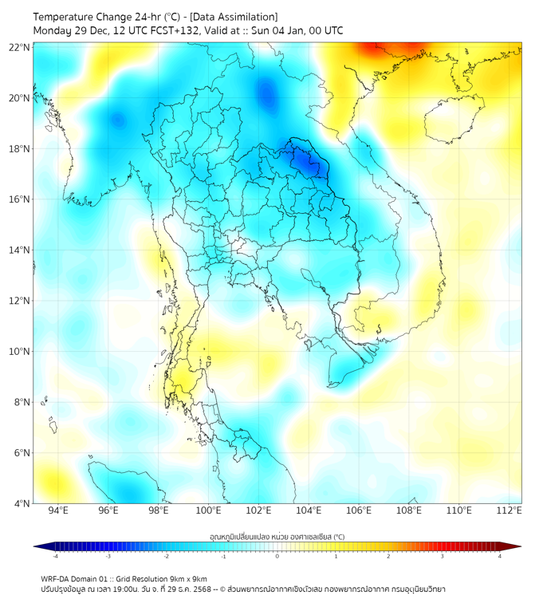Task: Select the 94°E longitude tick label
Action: (x=58, y=510)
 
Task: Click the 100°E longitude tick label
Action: (x=209, y=510)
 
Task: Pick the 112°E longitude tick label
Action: (x=509, y=510)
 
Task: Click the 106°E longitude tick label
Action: (x=359, y=510)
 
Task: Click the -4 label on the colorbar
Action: (x=54, y=556)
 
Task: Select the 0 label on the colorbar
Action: (x=277, y=556)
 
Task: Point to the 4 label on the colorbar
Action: (x=500, y=556)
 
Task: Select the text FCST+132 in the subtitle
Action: (x=177, y=30)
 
